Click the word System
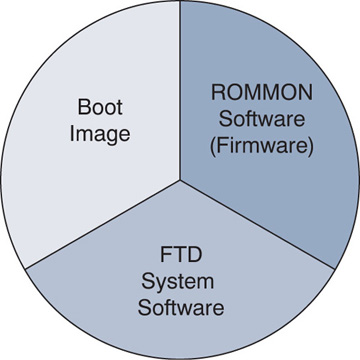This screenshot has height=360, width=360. point(181,277)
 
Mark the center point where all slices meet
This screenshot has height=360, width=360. point(180,180)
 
